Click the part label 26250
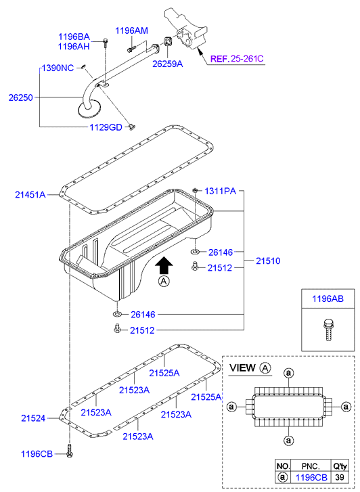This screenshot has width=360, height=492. [x=21, y=97]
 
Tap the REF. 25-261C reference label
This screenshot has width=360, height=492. [x=237, y=59]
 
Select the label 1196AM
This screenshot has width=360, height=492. [x=131, y=30]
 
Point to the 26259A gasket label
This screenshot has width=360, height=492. [x=168, y=64]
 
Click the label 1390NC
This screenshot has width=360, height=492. [x=58, y=68]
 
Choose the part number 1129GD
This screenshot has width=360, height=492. [x=106, y=127]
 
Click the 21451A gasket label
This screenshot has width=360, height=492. [x=30, y=195]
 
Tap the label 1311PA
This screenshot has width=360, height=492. [x=221, y=191]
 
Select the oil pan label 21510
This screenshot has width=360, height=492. [x=268, y=261]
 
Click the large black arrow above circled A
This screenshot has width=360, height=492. [x=164, y=265]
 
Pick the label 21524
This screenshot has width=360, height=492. [x=33, y=418]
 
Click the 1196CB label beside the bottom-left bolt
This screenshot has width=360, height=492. [x=37, y=454]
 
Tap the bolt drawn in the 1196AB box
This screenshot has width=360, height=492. [x=328, y=330]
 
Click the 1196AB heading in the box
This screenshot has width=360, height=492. [x=328, y=298]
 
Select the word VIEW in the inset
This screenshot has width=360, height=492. [x=242, y=367]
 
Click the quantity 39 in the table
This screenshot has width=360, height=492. [x=339, y=477]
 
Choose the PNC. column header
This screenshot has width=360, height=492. [x=311, y=466]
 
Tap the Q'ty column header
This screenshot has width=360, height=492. [x=340, y=466]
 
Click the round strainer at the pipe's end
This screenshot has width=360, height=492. [x=89, y=109]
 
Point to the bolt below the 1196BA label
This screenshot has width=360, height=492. [x=105, y=43]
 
